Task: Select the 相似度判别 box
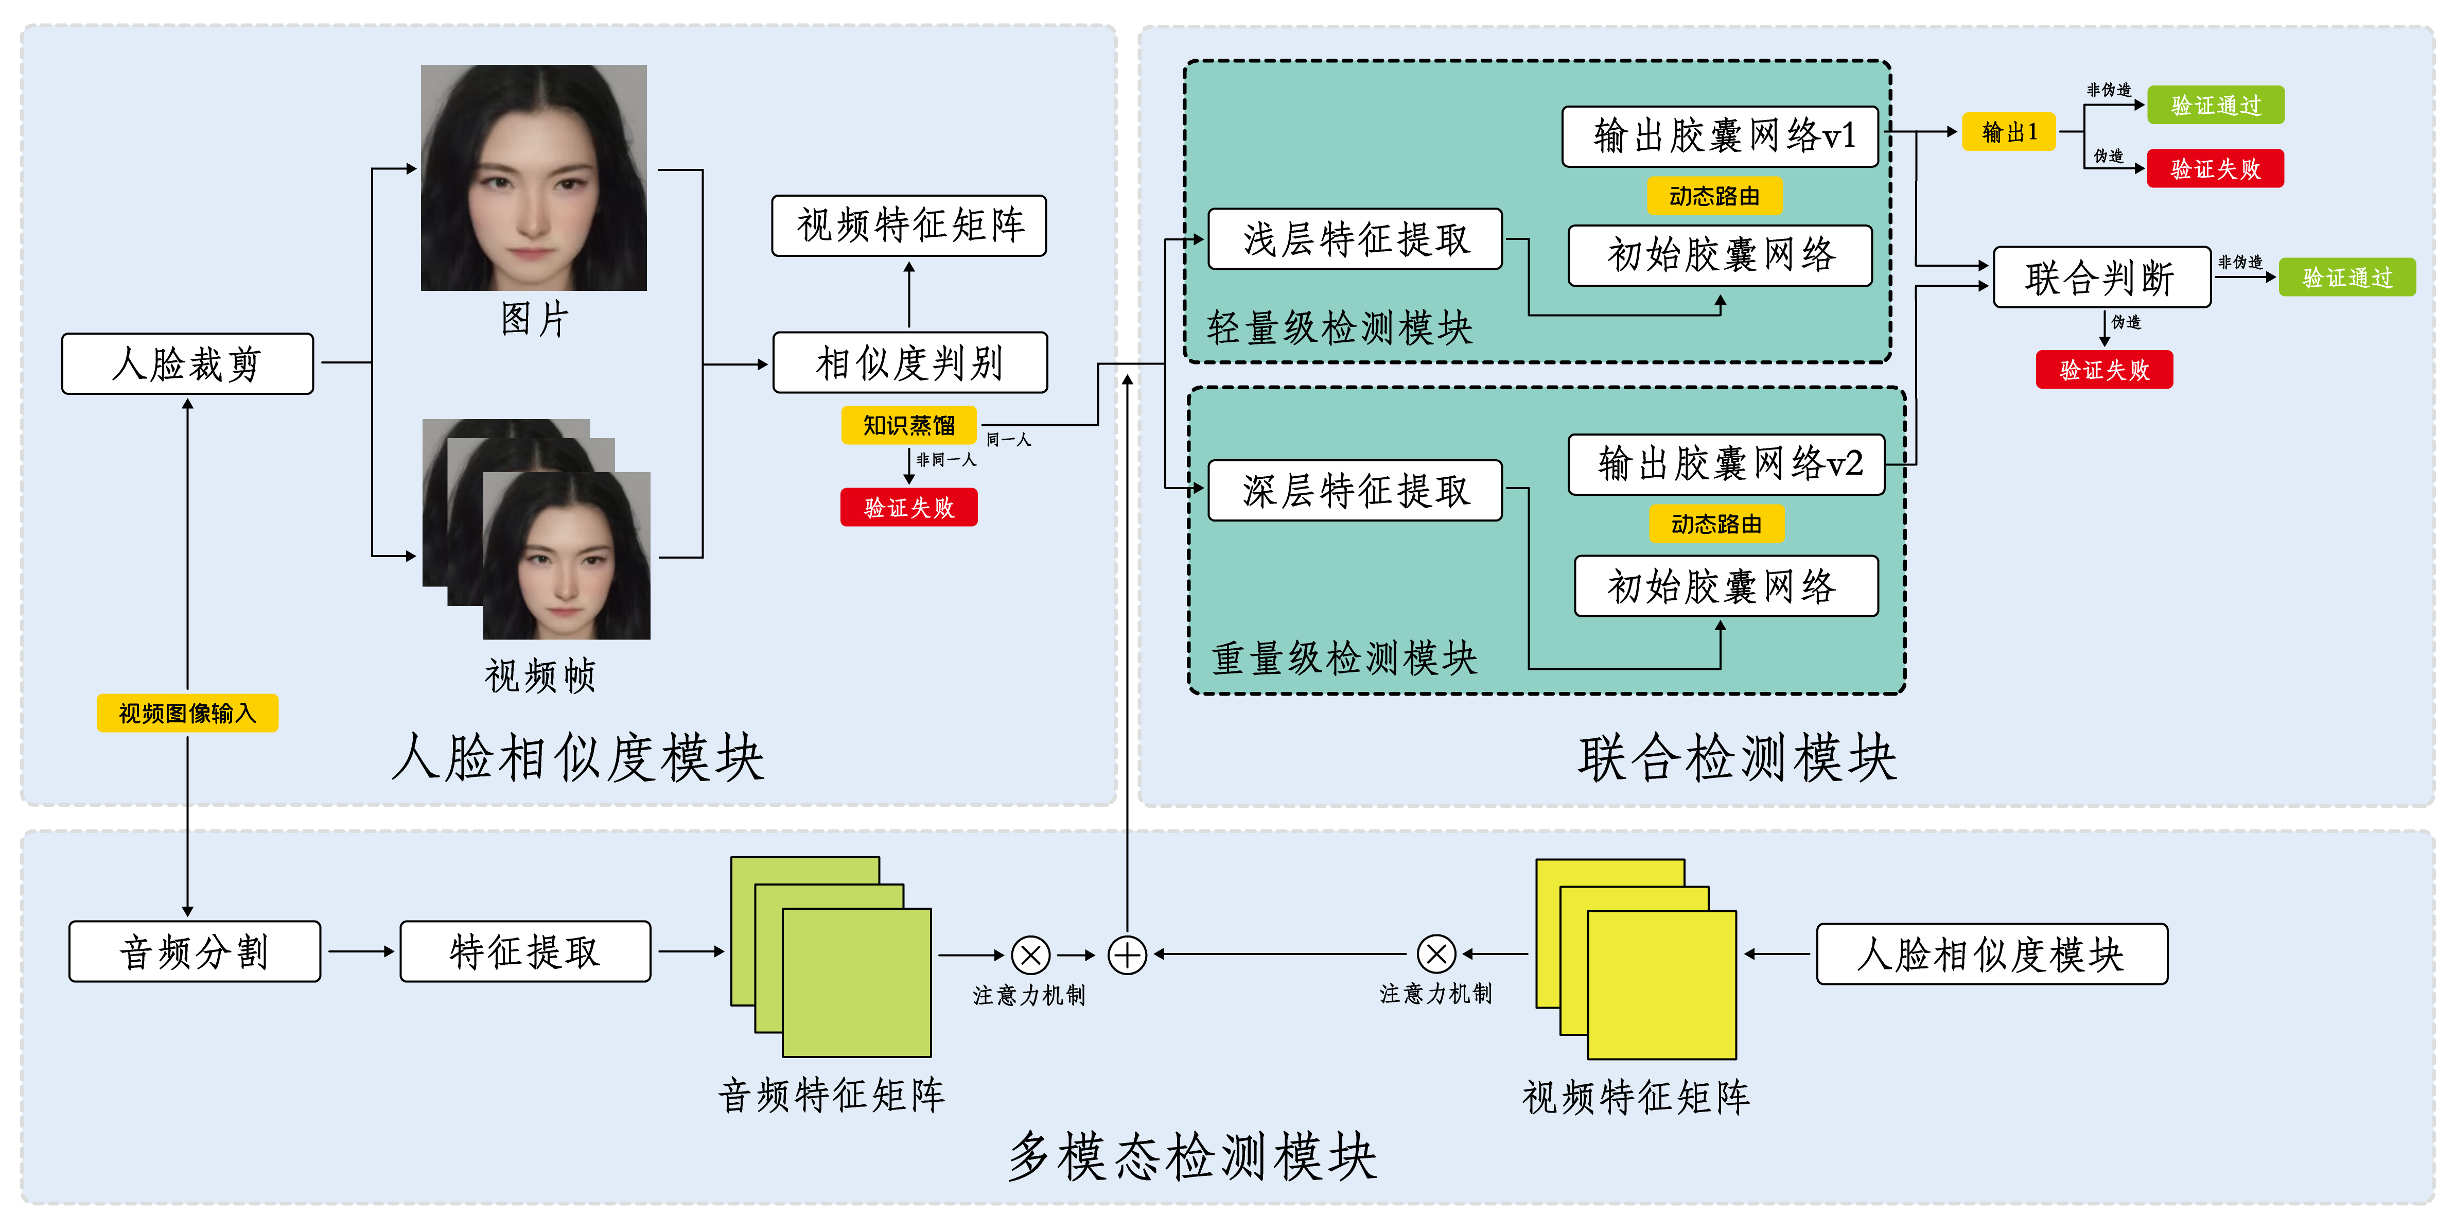pyautogui.click(x=909, y=362)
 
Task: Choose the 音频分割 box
pyautogui.click(x=195, y=951)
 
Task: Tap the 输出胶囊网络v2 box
pyautogui.click(x=1726, y=464)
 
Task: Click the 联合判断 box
pyautogui.click(x=2101, y=278)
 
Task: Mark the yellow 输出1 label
pyautogui.click(x=2009, y=132)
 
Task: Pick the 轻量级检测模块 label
pyautogui.click(x=1339, y=328)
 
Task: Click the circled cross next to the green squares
pyautogui.click(x=1030, y=955)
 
